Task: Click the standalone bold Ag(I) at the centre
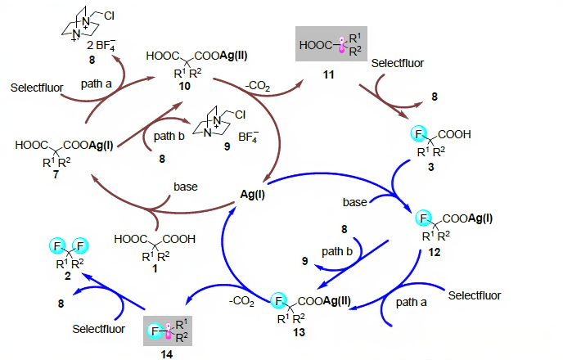pyautogui.click(x=253, y=195)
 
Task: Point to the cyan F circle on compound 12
pyautogui.click(x=429, y=219)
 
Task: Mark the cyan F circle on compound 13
pyautogui.click(x=278, y=301)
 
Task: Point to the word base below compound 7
pyautogui.click(x=183, y=187)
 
